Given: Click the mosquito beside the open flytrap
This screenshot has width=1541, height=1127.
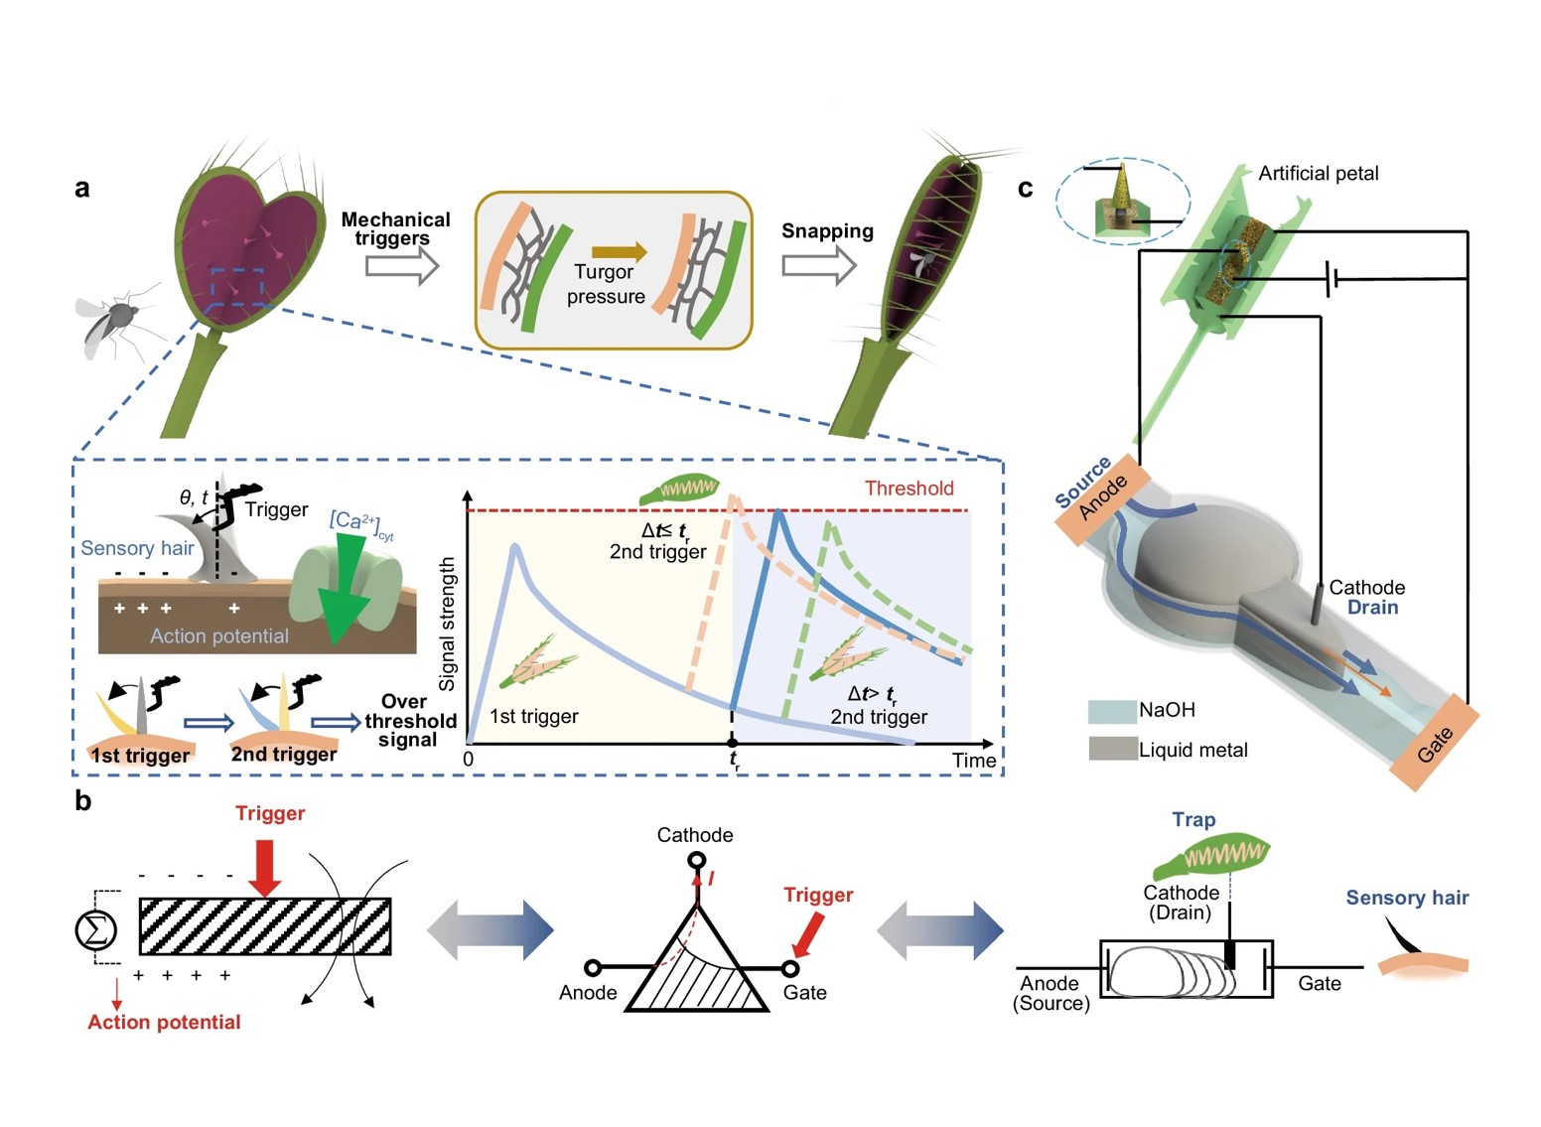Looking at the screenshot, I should pyautogui.click(x=111, y=324).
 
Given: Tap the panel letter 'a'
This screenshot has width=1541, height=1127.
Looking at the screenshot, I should pyautogui.click(x=82, y=188).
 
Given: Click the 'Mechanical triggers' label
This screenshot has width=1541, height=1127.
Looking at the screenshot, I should pyautogui.click(x=395, y=228).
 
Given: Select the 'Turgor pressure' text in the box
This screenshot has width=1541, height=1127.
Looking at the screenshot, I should pyautogui.click(x=605, y=284).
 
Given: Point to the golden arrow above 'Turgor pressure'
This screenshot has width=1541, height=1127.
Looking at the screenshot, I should pyautogui.click(x=619, y=252).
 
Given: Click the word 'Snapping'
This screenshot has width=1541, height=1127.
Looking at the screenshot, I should pyautogui.click(x=827, y=231).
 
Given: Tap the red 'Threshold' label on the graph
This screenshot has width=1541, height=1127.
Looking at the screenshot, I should pyautogui.click(x=909, y=489).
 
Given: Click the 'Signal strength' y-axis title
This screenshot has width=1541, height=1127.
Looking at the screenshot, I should pyautogui.click(x=448, y=624).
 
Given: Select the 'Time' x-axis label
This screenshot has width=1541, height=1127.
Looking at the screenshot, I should pyautogui.click(x=973, y=761).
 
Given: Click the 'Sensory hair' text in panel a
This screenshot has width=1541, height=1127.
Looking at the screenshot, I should pyautogui.click(x=137, y=548).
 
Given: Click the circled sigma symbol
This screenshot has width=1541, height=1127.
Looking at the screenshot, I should pyautogui.click(x=96, y=929).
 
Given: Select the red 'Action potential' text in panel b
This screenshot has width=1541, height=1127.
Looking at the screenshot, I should pyautogui.click(x=164, y=1022).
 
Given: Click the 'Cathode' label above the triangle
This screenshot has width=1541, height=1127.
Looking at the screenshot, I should pyautogui.click(x=695, y=835).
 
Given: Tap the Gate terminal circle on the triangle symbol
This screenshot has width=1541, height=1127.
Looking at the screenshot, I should pyautogui.click(x=790, y=968).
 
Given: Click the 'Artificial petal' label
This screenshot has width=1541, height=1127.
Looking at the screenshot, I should pyautogui.click(x=1318, y=174).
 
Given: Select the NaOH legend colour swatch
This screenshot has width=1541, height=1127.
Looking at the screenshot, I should pyautogui.click(x=1112, y=711).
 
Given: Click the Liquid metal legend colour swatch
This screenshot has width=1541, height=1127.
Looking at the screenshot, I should pyautogui.click(x=1112, y=749).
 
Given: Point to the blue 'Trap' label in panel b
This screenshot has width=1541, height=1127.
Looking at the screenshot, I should pyautogui.click(x=1193, y=819).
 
